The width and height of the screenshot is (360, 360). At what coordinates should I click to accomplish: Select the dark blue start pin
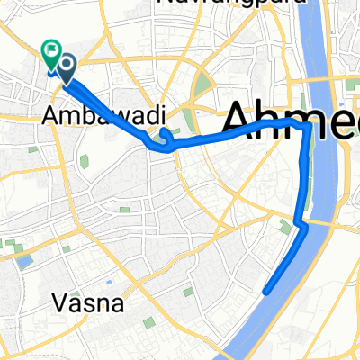pyautogui.click(x=66, y=64)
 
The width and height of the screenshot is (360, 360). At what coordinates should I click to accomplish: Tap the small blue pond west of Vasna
pyautogui.click(x=24, y=262)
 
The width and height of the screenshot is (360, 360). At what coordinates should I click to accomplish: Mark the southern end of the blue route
pyautogui.click(x=265, y=291)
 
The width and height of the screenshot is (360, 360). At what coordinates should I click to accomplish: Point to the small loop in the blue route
pyautogui.click(x=165, y=136)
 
